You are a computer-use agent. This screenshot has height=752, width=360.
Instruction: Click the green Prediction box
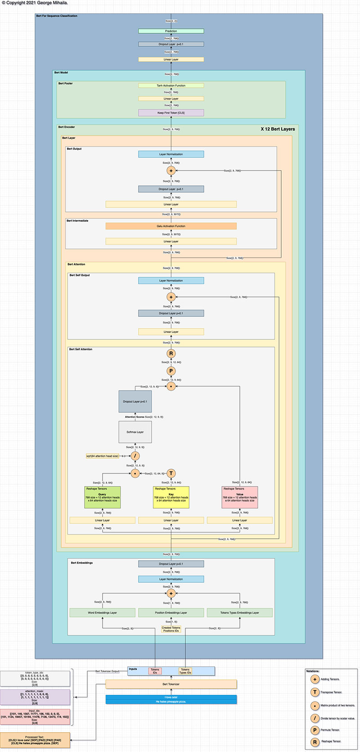click(x=171, y=31)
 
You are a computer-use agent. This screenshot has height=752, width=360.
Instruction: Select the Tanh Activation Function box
click(x=171, y=86)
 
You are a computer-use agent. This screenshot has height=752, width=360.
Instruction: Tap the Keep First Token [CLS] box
click(x=171, y=113)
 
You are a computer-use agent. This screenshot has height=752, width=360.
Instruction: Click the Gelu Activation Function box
click(x=171, y=226)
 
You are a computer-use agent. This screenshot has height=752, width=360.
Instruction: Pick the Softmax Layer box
click(x=135, y=432)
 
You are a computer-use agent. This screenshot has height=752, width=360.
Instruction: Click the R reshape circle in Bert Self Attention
click(x=171, y=354)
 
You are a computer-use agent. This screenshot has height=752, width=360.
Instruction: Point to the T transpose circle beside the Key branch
click(x=171, y=473)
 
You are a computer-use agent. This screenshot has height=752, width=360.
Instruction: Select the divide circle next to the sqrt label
click(x=135, y=456)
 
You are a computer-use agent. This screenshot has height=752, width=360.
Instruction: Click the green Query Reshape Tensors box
click(x=103, y=497)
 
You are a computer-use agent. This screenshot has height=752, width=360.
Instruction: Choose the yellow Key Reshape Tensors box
click(x=171, y=497)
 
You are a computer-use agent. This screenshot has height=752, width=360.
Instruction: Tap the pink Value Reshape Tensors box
click(x=240, y=497)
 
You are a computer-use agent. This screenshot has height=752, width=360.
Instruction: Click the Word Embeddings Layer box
click(x=103, y=612)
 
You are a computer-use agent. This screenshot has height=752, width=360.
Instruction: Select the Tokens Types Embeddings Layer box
click(x=240, y=612)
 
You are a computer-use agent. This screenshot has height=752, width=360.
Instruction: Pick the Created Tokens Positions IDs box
click(x=171, y=629)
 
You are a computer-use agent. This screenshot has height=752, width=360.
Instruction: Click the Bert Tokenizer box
click(x=171, y=684)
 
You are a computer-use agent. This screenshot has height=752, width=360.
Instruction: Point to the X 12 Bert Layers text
click(x=278, y=129)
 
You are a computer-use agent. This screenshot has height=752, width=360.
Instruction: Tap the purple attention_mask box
click(x=35, y=697)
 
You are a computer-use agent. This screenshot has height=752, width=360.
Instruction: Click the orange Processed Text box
click(x=35, y=740)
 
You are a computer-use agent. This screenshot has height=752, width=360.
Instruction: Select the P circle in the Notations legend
click(x=315, y=730)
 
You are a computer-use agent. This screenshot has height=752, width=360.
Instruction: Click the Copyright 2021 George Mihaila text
click(x=35, y=3)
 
